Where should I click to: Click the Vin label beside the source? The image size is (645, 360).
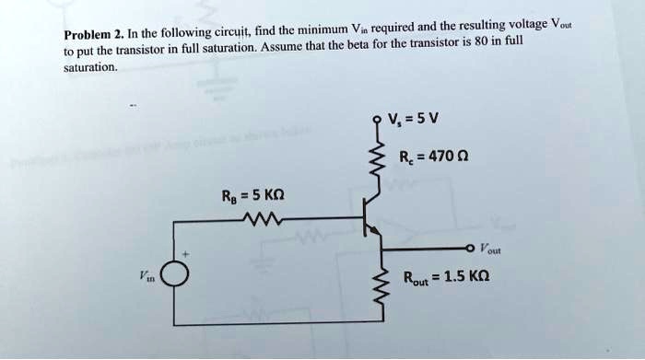coord(146,277)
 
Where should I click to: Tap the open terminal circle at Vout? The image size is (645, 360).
coord(472,248)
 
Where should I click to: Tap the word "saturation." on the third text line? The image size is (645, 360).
coord(89,66)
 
